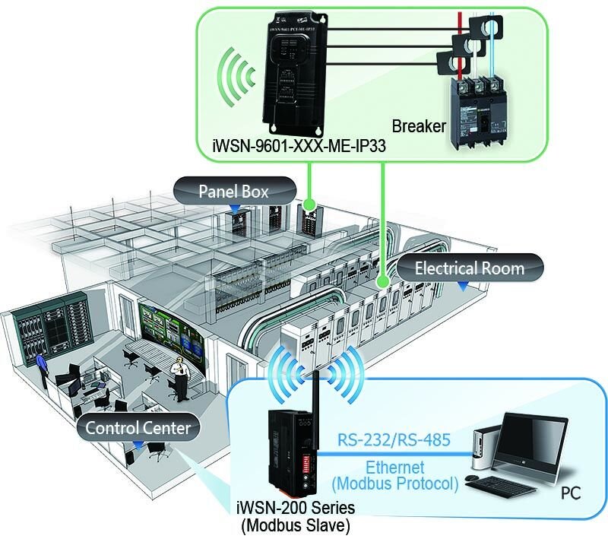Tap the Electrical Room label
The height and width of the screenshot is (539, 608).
tap(469, 268)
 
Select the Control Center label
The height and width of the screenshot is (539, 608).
tap(138, 427)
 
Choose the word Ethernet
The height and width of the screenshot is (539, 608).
tap(395, 468)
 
